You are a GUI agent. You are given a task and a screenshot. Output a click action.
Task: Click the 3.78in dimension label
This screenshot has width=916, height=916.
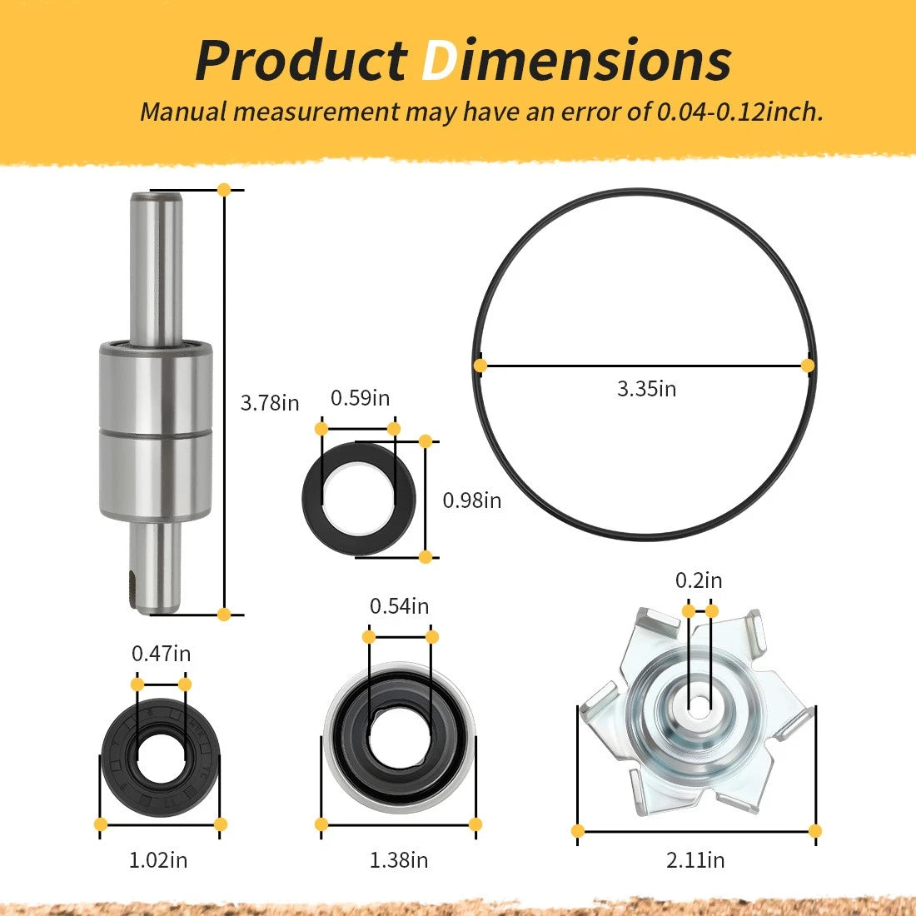pos(270,403)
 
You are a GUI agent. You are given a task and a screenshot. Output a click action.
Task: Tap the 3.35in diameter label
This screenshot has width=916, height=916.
pos(647,389)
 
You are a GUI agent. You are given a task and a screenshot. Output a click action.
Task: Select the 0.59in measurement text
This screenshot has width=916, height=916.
pos(360,398)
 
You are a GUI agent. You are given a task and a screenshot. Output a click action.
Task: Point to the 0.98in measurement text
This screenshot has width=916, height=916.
pos(472,500)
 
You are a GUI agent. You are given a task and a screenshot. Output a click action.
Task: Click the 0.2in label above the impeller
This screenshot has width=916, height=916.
pos(699,580)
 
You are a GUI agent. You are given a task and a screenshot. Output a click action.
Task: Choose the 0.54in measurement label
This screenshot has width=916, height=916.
pos(399,606)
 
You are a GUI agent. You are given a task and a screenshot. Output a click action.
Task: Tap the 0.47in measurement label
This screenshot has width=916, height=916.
pos(162,654)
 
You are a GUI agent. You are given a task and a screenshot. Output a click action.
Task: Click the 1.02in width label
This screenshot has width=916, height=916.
pos(158,860)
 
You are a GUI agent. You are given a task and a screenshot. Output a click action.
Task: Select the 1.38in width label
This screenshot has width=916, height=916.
pos(399,860)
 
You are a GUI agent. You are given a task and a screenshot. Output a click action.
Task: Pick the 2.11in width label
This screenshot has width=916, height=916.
pos(695,860)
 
